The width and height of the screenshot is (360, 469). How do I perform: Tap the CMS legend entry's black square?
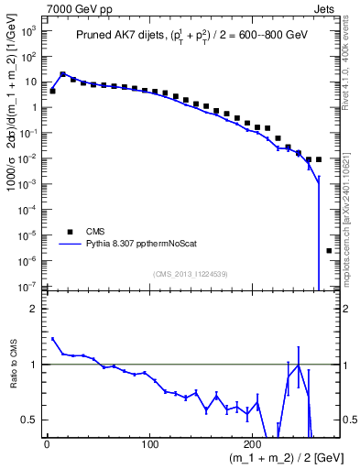(66, 232)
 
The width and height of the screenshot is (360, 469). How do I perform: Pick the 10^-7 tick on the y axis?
(29, 287)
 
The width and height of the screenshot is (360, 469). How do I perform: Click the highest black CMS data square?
(62, 74)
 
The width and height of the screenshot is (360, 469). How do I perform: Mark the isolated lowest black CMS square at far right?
(329, 250)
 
